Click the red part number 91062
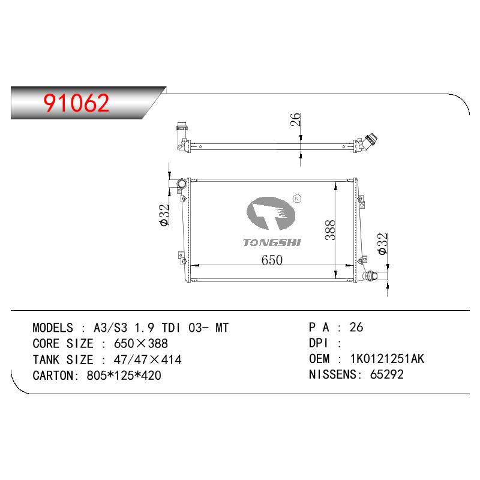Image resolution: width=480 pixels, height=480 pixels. point(76,103)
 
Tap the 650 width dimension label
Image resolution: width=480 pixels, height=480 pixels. point(272,260)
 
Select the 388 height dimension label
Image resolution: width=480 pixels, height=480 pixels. point(331,230)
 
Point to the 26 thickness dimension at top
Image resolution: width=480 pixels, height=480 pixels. point(295,119)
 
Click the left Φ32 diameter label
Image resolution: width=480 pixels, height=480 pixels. point(164,215)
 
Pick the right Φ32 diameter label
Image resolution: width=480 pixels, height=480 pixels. point(383,244)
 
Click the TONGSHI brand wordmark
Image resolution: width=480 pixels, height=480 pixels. point(272,242)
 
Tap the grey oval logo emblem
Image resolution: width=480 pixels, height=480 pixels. point(271,214)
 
